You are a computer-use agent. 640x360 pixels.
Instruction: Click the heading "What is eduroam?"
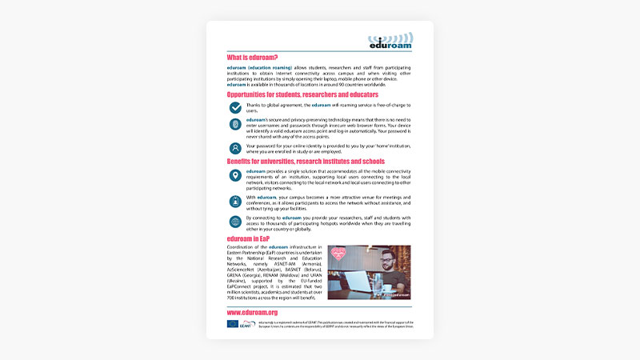(252, 58)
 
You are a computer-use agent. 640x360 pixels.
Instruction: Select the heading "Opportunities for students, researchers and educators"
(297, 94)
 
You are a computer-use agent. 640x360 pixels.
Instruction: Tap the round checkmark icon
(235, 107)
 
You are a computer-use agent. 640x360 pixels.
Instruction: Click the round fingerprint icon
(235, 125)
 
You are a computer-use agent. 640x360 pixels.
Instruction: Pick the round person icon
(235, 148)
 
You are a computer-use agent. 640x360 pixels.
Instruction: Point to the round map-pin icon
(235, 176)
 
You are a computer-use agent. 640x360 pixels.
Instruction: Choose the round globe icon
(235, 222)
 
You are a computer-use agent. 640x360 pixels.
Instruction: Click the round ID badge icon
(235, 201)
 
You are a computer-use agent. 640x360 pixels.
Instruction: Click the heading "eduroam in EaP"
(248, 238)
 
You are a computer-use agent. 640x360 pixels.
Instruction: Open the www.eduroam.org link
(252, 312)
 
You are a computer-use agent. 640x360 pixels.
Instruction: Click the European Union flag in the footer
(232, 324)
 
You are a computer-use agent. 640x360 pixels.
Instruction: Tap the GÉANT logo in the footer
(246, 324)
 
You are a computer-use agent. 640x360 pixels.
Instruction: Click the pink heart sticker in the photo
(340, 256)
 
